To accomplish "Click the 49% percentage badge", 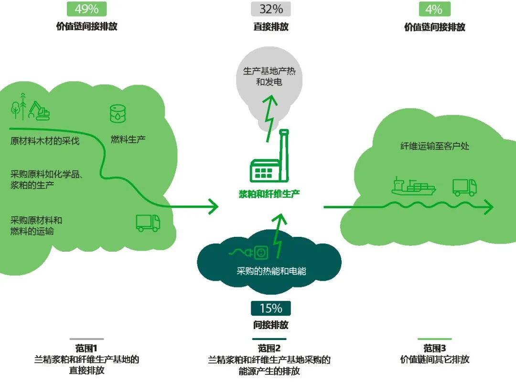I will coord(86,9).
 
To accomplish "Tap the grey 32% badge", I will coord(271,9).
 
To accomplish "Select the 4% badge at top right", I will coord(434,9).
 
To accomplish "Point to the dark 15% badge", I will coord(270,309).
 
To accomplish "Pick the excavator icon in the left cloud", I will coord(39,111).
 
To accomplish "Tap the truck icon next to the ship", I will coord(464,187).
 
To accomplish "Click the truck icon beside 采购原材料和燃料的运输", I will coord(148,223).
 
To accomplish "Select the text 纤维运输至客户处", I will coord(434,146).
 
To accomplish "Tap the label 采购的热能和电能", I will coord(271,271).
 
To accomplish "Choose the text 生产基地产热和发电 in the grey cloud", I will coord(269,76).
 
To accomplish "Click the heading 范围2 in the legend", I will coord(269,348).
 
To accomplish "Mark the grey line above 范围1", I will coord(86,339).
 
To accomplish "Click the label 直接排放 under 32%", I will coord(271,27).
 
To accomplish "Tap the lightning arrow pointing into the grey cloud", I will coord(270,117).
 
